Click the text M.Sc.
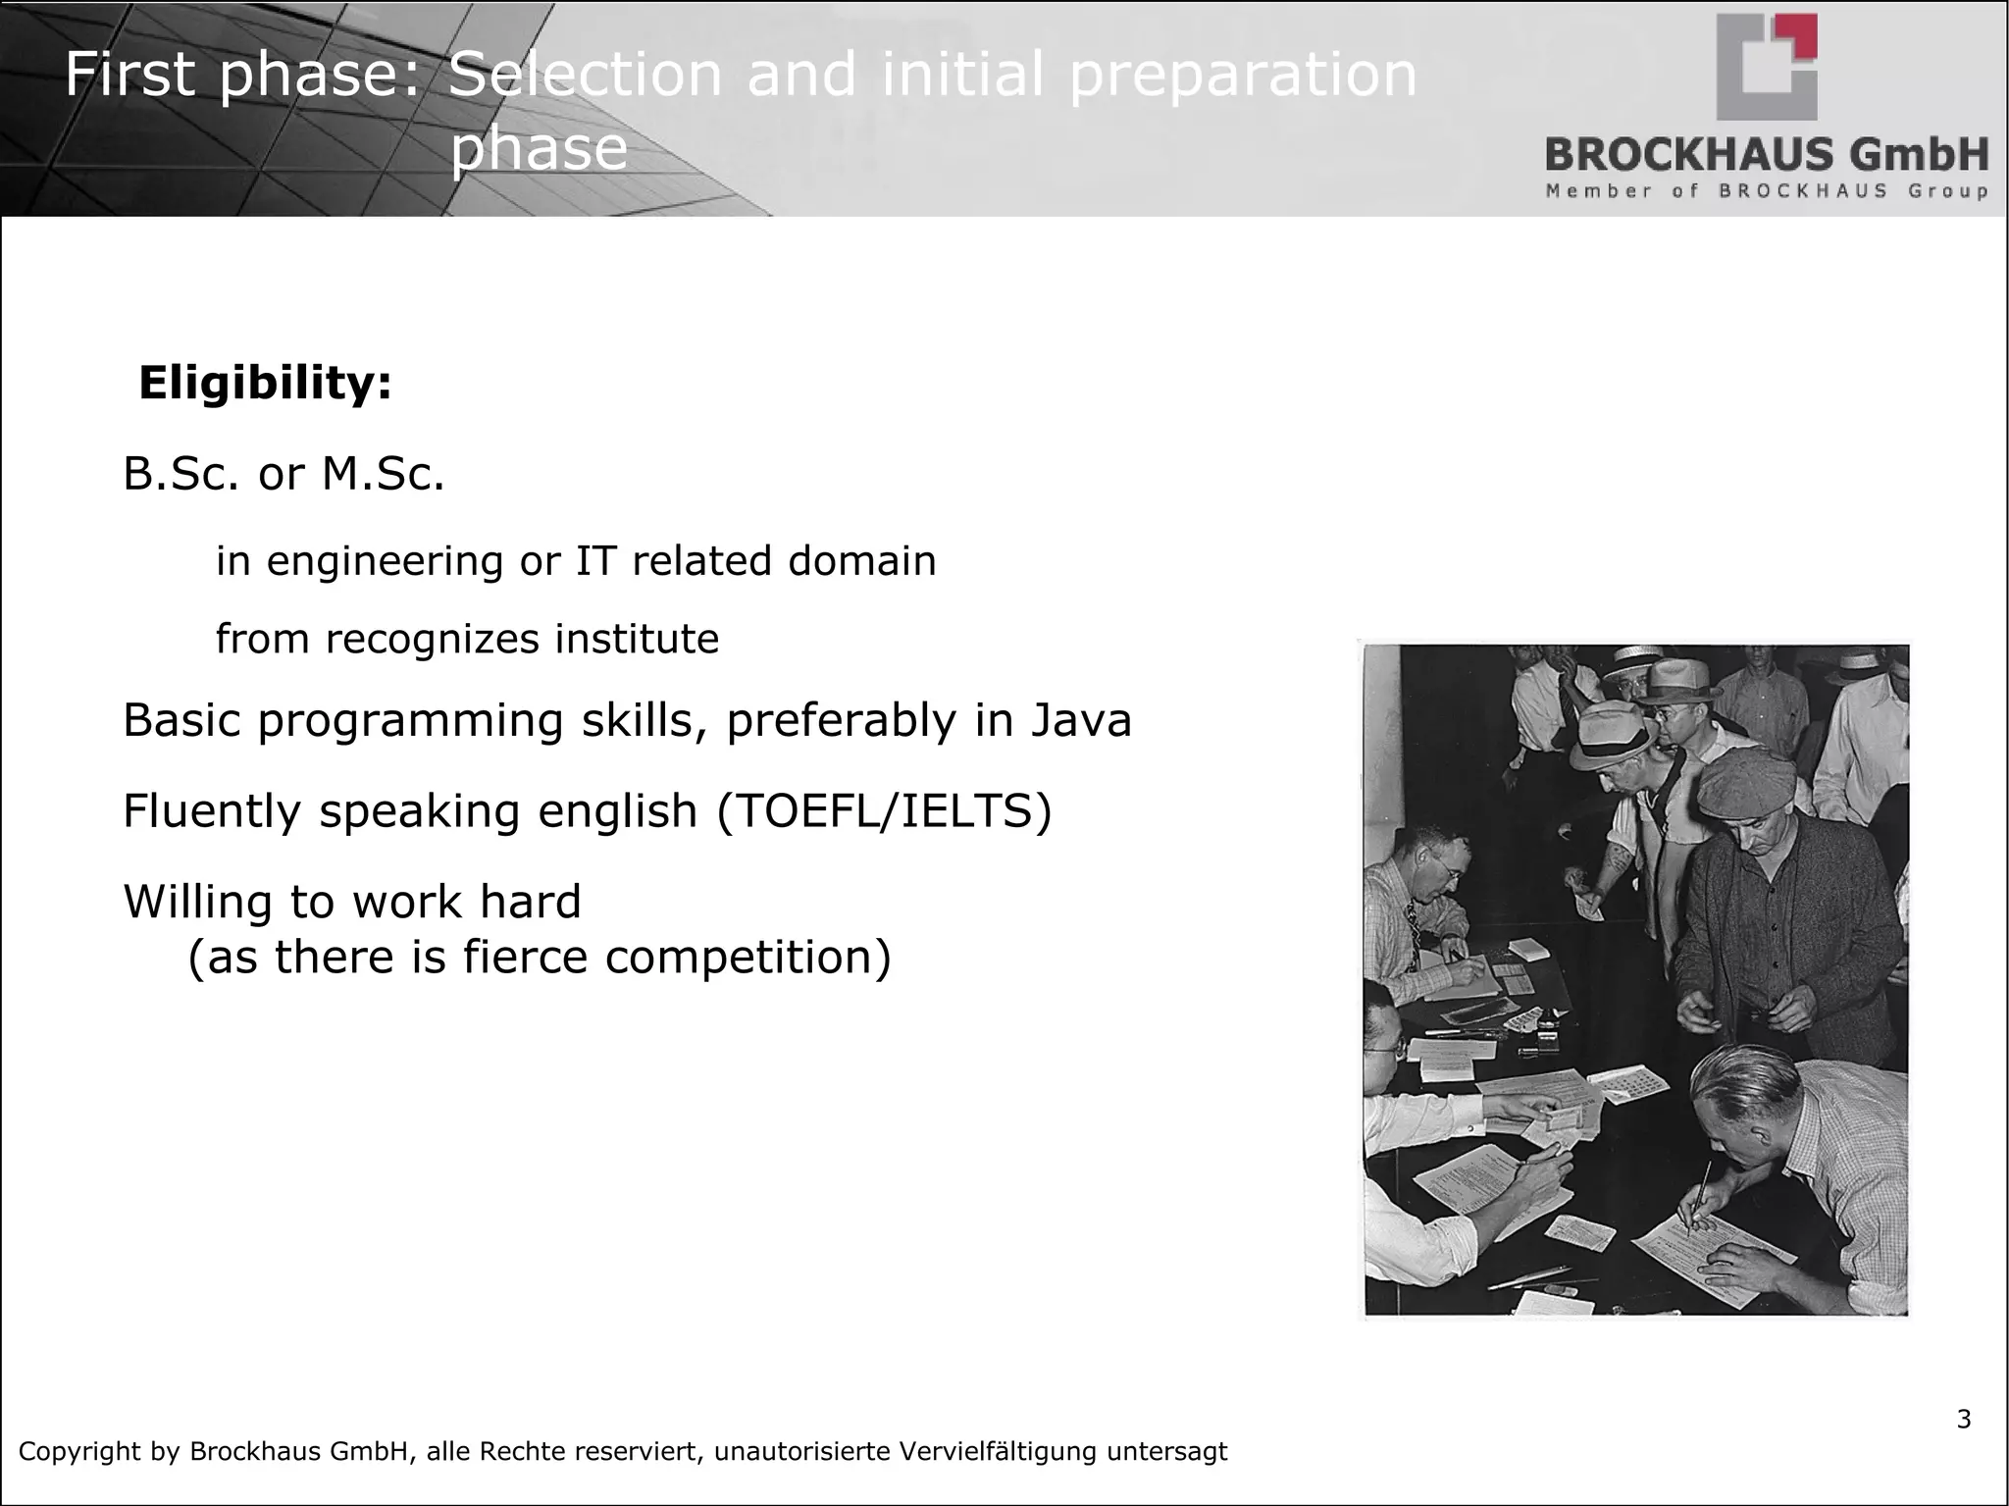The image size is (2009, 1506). (x=383, y=475)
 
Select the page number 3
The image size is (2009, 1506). (x=1963, y=1420)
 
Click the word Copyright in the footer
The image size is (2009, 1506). (x=80, y=1451)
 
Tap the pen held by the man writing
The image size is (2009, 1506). (x=1698, y=1195)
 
